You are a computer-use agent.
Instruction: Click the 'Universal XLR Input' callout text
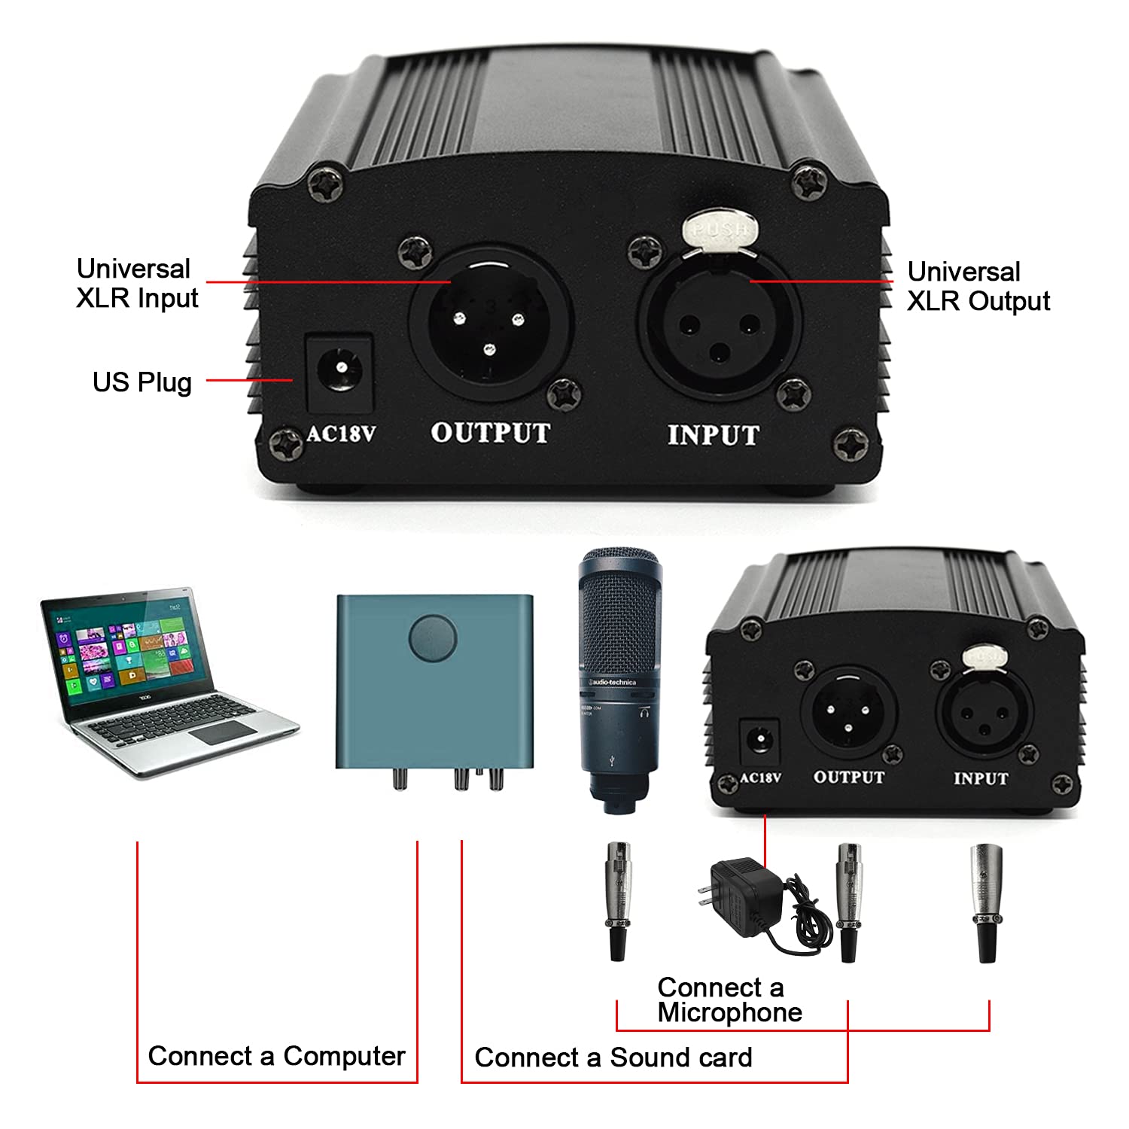(x=136, y=284)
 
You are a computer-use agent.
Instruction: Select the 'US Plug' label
(x=142, y=382)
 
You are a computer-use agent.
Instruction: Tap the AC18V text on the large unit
(x=341, y=434)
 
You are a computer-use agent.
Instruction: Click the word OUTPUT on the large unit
(x=490, y=433)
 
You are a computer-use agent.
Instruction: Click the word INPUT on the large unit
(x=713, y=435)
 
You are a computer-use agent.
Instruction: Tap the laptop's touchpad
(x=221, y=732)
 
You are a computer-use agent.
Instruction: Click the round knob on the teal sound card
(x=433, y=638)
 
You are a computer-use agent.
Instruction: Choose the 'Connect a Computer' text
(x=276, y=1056)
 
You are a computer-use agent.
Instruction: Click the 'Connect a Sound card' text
(x=613, y=1057)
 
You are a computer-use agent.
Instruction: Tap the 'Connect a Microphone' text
(x=729, y=1000)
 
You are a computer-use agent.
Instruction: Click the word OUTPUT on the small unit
(x=848, y=778)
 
